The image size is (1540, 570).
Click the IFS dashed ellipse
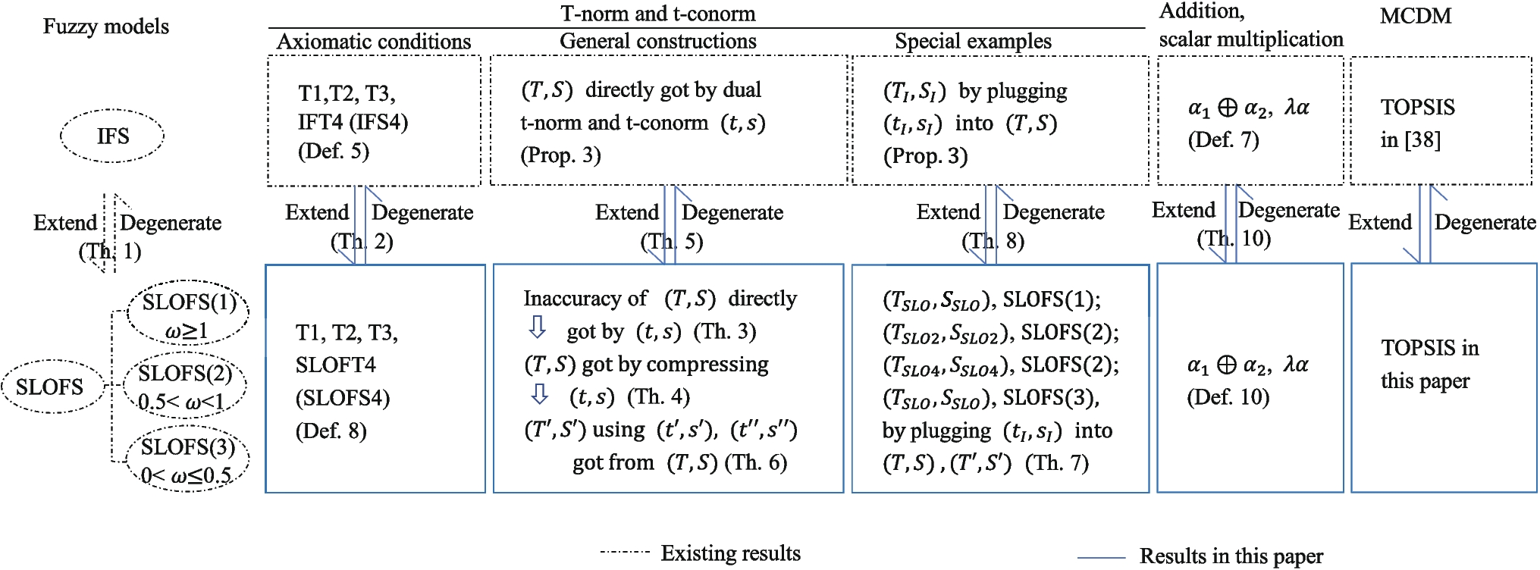pos(112,136)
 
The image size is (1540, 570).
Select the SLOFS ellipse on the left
pos(50,387)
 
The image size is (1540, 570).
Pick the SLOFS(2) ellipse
pos(185,386)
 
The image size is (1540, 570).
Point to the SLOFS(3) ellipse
pos(187,460)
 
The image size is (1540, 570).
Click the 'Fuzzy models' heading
pos(105,27)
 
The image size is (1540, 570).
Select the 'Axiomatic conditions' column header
pos(374,42)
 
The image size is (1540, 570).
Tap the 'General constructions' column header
pos(657,42)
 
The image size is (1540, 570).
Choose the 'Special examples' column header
pos(973,42)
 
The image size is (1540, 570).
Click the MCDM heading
pos(1415,16)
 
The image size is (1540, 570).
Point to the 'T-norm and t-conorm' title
pos(657,14)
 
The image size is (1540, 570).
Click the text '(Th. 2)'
pos(362,242)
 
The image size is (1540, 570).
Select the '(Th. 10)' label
pos(1234,239)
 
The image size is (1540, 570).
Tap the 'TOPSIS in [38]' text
pos(1416,123)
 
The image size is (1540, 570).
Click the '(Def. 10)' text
pos(1228,396)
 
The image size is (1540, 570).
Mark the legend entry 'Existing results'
pos(730,553)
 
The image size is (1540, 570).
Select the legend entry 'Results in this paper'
pos(1231,556)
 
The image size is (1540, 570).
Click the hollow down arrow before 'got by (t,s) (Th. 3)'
pos(537,327)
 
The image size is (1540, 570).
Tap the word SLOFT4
pos(335,365)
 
